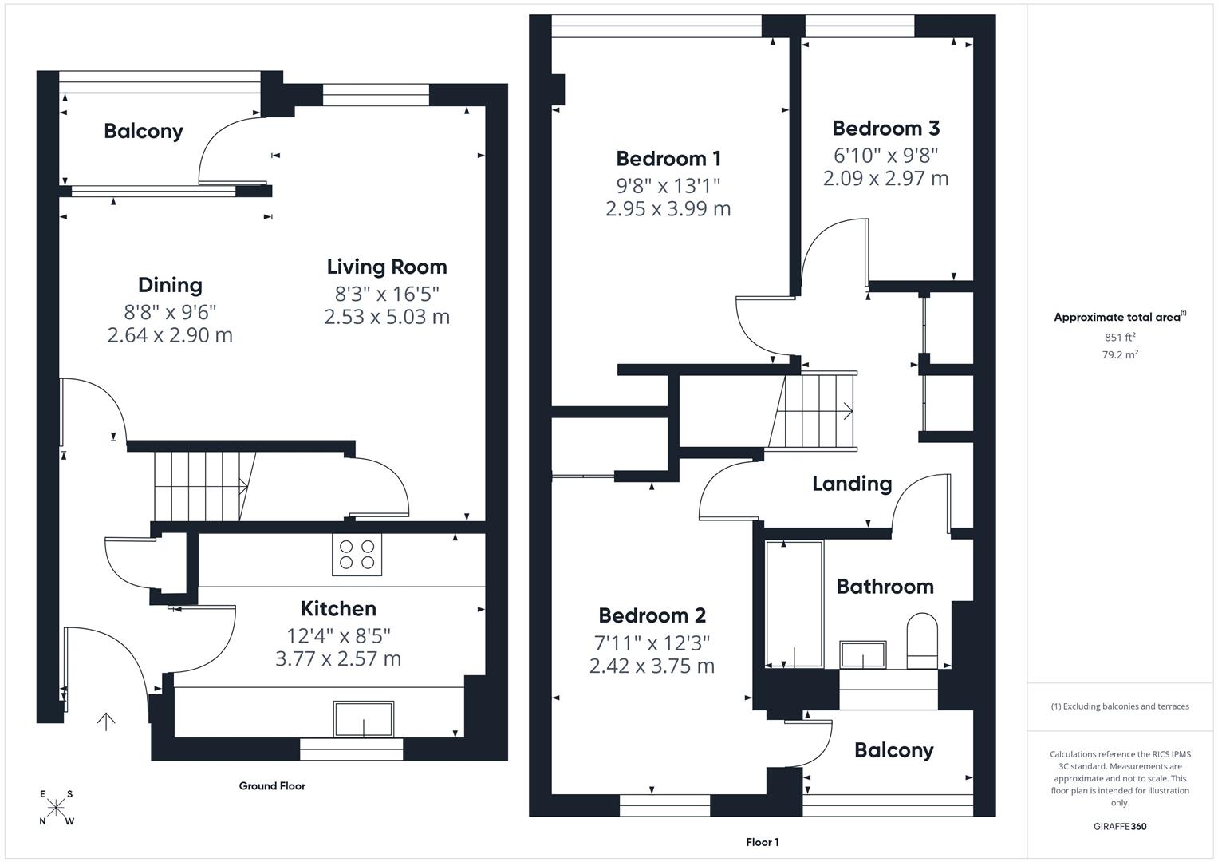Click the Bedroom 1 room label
tap(668, 158)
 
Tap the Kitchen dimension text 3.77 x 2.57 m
tap(338, 658)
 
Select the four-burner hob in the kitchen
tap(357, 554)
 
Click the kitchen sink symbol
tap(363, 719)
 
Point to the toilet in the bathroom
tap(922, 641)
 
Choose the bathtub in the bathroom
tap(794, 604)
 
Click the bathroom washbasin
tap(863, 654)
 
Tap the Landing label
tap(852, 484)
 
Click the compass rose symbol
tap(56, 808)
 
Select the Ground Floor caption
tap(272, 786)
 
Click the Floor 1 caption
tap(763, 842)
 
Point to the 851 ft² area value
tap(1120, 337)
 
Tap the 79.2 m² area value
tap(1120, 354)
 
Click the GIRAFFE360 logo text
tap(1120, 826)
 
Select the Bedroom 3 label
tap(885, 128)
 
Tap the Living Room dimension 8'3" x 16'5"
tap(387, 294)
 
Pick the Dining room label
tap(170, 285)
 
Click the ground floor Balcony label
tap(144, 131)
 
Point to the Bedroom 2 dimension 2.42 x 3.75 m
tap(652, 666)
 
